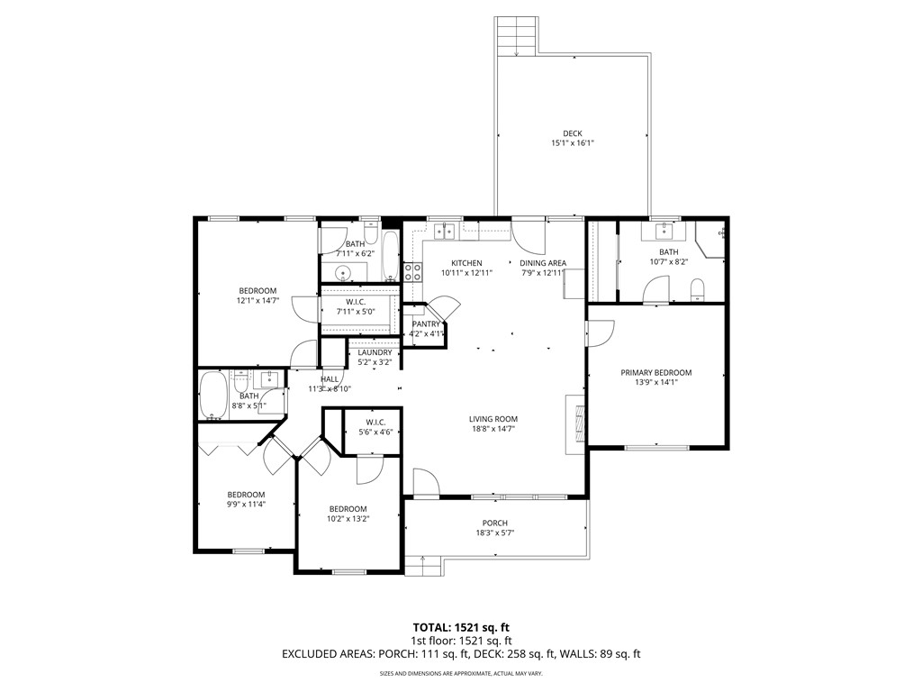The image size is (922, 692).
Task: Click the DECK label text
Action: [573, 133]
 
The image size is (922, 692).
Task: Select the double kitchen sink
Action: [444, 232]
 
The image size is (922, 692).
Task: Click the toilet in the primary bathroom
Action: [696, 289]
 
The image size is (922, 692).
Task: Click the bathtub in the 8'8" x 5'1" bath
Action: [214, 396]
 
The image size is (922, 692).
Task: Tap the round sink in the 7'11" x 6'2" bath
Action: [343, 273]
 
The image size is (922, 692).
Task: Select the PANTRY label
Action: [425, 323]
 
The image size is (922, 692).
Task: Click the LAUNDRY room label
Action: [375, 352]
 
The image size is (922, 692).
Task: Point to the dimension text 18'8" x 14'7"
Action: [493, 430]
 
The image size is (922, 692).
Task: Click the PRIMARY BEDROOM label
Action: [655, 372]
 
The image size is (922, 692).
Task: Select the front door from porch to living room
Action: [425, 483]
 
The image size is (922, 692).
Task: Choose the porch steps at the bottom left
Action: [422, 565]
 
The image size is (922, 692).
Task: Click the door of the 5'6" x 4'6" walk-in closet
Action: [369, 469]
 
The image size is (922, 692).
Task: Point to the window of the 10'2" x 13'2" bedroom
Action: [348, 571]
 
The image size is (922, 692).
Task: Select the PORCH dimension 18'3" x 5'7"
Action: [494, 533]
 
